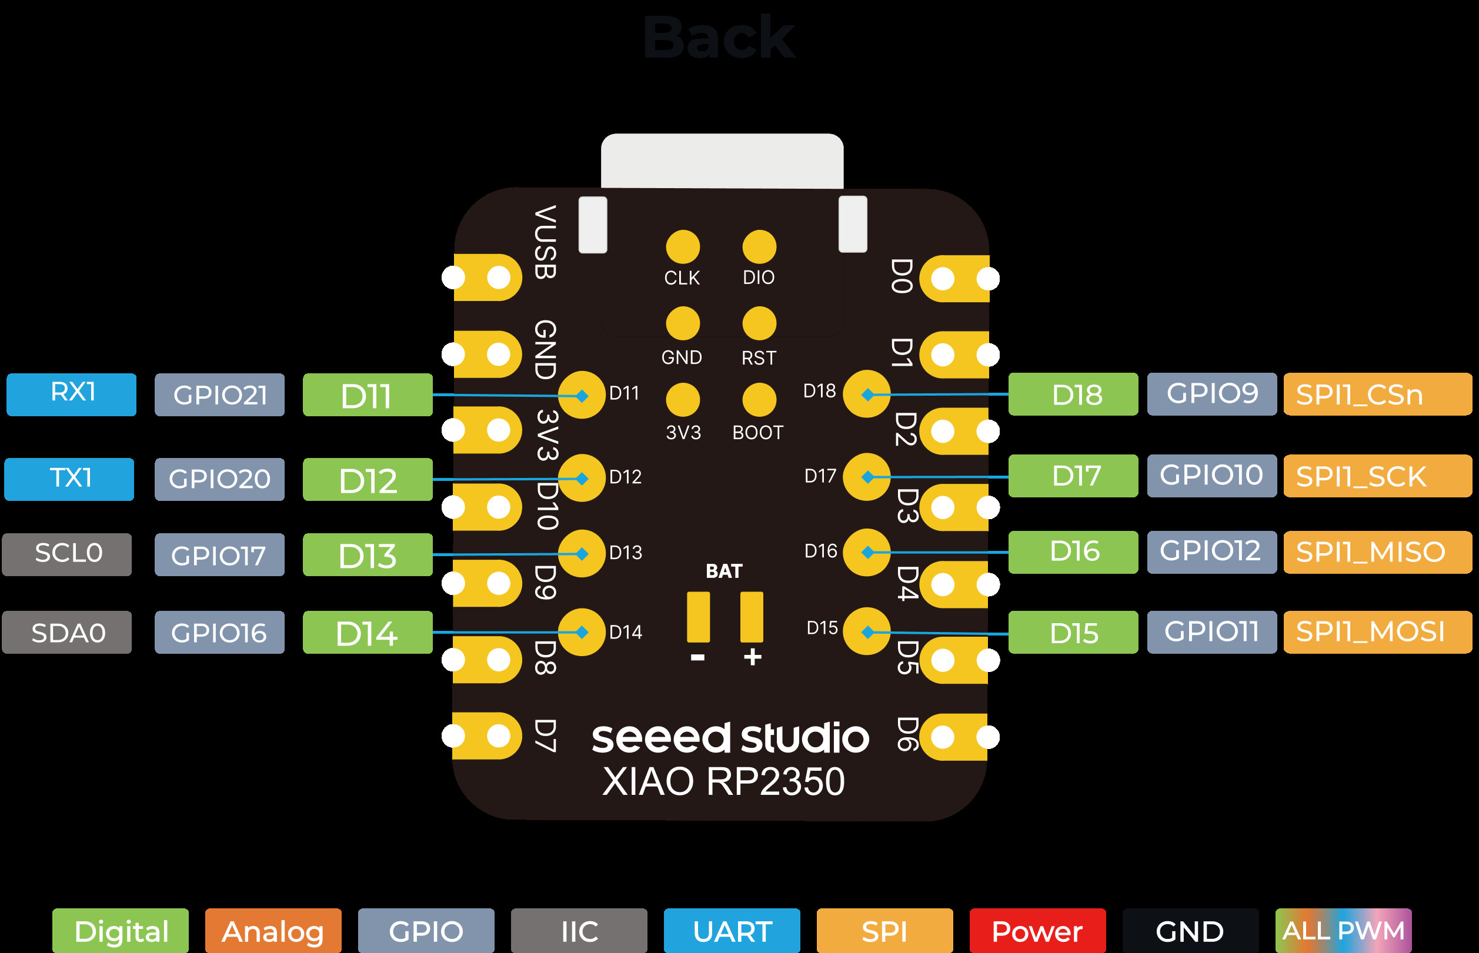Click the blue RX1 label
click(x=71, y=394)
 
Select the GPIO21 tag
click(x=220, y=395)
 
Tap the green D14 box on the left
click(x=368, y=633)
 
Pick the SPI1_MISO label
click(x=1377, y=552)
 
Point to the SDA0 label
click(x=67, y=633)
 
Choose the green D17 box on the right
click(x=1073, y=476)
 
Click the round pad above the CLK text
click(x=683, y=247)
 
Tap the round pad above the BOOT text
click(x=759, y=400)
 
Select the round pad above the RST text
click(x=759, y=323)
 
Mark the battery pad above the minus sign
click(x=698, y=617)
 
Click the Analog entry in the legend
click(x=273, y=931)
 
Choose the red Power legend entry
click(x=1037, y=931)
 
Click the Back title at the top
click(x=719, y=38)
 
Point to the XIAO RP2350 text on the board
click(x=723, y=781)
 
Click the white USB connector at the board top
click(x=722, y=161)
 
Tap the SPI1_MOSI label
click(x=1377, y=633)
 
